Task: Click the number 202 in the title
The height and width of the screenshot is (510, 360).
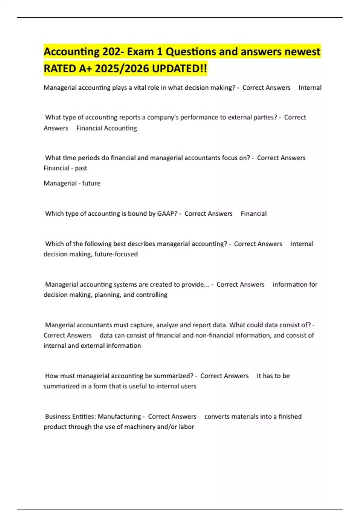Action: [112, 52]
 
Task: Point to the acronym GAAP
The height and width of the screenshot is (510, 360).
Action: [167, 214]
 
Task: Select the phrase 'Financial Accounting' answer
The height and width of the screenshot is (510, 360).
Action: [106, 128]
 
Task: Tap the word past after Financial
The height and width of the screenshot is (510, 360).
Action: [81, 168]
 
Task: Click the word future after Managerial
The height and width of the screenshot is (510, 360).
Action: [91, 183]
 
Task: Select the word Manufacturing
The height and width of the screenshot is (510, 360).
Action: [119, 416]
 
